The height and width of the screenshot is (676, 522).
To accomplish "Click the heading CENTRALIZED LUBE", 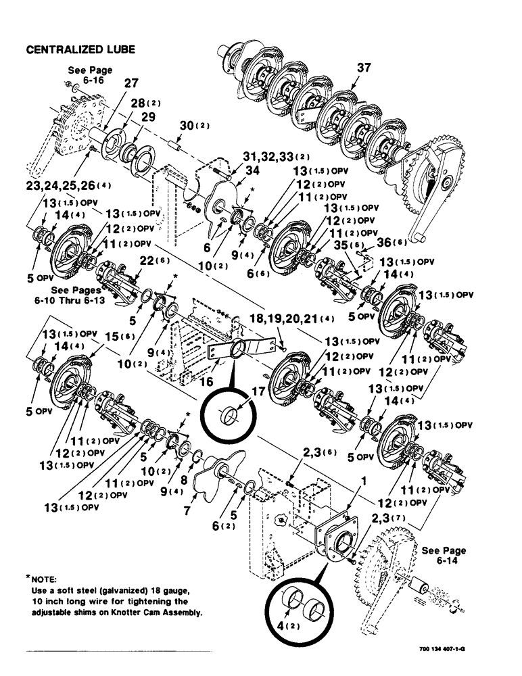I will coord(80,49).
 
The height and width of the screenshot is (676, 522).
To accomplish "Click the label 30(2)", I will coord(190,126).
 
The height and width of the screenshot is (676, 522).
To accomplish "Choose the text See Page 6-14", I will coord(444,556).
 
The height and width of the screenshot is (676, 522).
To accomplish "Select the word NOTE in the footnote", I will coord(45,579).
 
